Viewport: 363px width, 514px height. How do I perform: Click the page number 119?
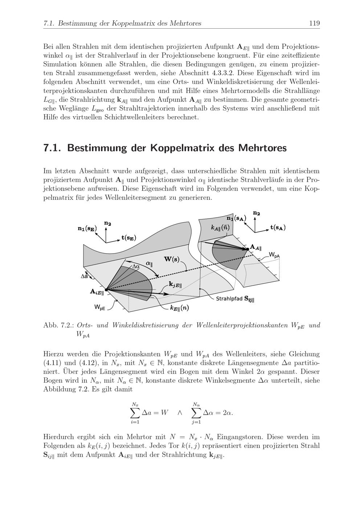click(314, 24)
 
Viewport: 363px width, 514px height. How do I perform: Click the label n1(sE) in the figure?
click(87, 228)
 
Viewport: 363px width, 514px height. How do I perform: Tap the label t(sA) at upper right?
click(278, 228)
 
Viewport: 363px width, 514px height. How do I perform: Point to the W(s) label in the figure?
click(172, 259)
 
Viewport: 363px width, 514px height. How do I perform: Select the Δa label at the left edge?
click(84, 276)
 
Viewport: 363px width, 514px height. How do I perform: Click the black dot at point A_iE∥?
click(106, 290)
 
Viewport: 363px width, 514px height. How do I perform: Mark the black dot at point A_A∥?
click(248, 249)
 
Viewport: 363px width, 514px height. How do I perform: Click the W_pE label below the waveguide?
click(100, 307)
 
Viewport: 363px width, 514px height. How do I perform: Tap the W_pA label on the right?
click(274, 255)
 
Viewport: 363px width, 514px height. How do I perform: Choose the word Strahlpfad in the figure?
click(229, 299)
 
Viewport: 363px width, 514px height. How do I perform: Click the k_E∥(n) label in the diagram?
click(179, 308)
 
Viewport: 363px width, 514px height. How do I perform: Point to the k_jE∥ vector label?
click(175, 284)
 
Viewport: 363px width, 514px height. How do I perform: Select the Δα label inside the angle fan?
click(135, 266)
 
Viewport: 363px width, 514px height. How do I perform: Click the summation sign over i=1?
click(135, 413)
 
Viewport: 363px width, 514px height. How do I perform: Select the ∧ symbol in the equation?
click(179, 413)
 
